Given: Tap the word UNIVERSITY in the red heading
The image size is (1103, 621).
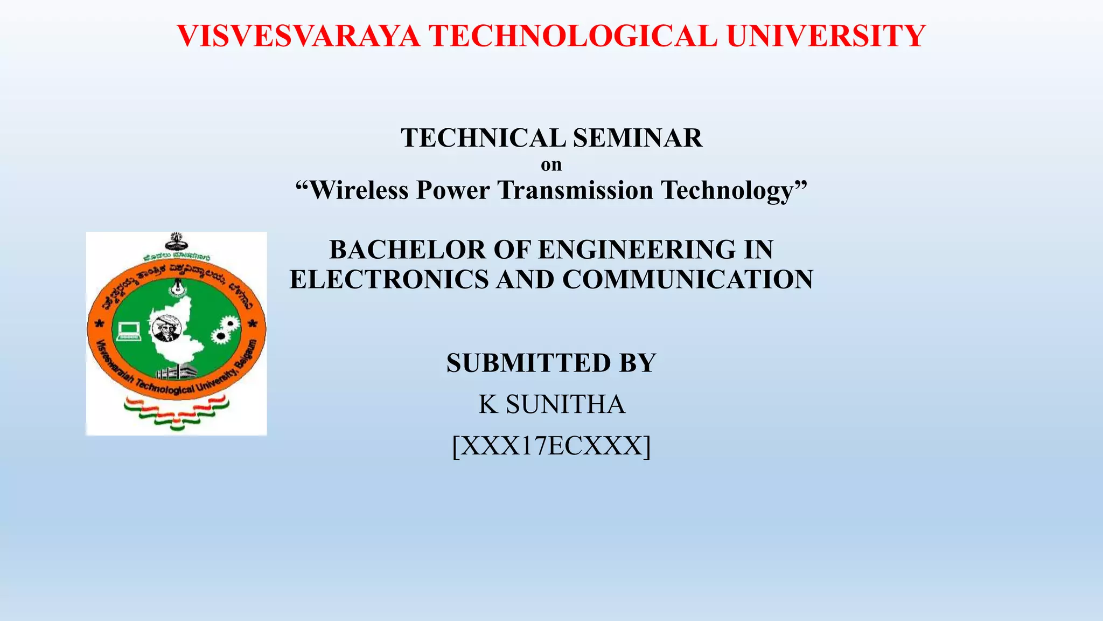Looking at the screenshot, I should (x=826, y=36).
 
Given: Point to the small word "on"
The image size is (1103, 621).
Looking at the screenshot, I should (x=551, y=164).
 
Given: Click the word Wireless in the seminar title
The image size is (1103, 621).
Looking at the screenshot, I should (x=359, y=190).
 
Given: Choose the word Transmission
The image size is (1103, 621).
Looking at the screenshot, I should (x=575, y=190).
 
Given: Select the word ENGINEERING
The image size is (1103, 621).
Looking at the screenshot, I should (x=638, y=250).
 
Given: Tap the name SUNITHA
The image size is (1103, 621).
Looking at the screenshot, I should (x=566, y=404).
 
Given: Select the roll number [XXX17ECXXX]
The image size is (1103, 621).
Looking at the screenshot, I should (x=551, y=446).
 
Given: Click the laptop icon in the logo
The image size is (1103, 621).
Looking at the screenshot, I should (x=129, y=330).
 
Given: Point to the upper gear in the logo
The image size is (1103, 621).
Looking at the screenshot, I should (x=230, y=323).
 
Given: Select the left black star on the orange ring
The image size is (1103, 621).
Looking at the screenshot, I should (x=99, y=325).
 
